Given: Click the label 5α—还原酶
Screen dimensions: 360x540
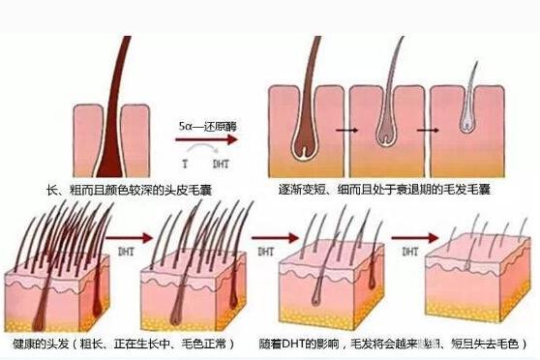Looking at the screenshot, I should pos(208,127).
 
